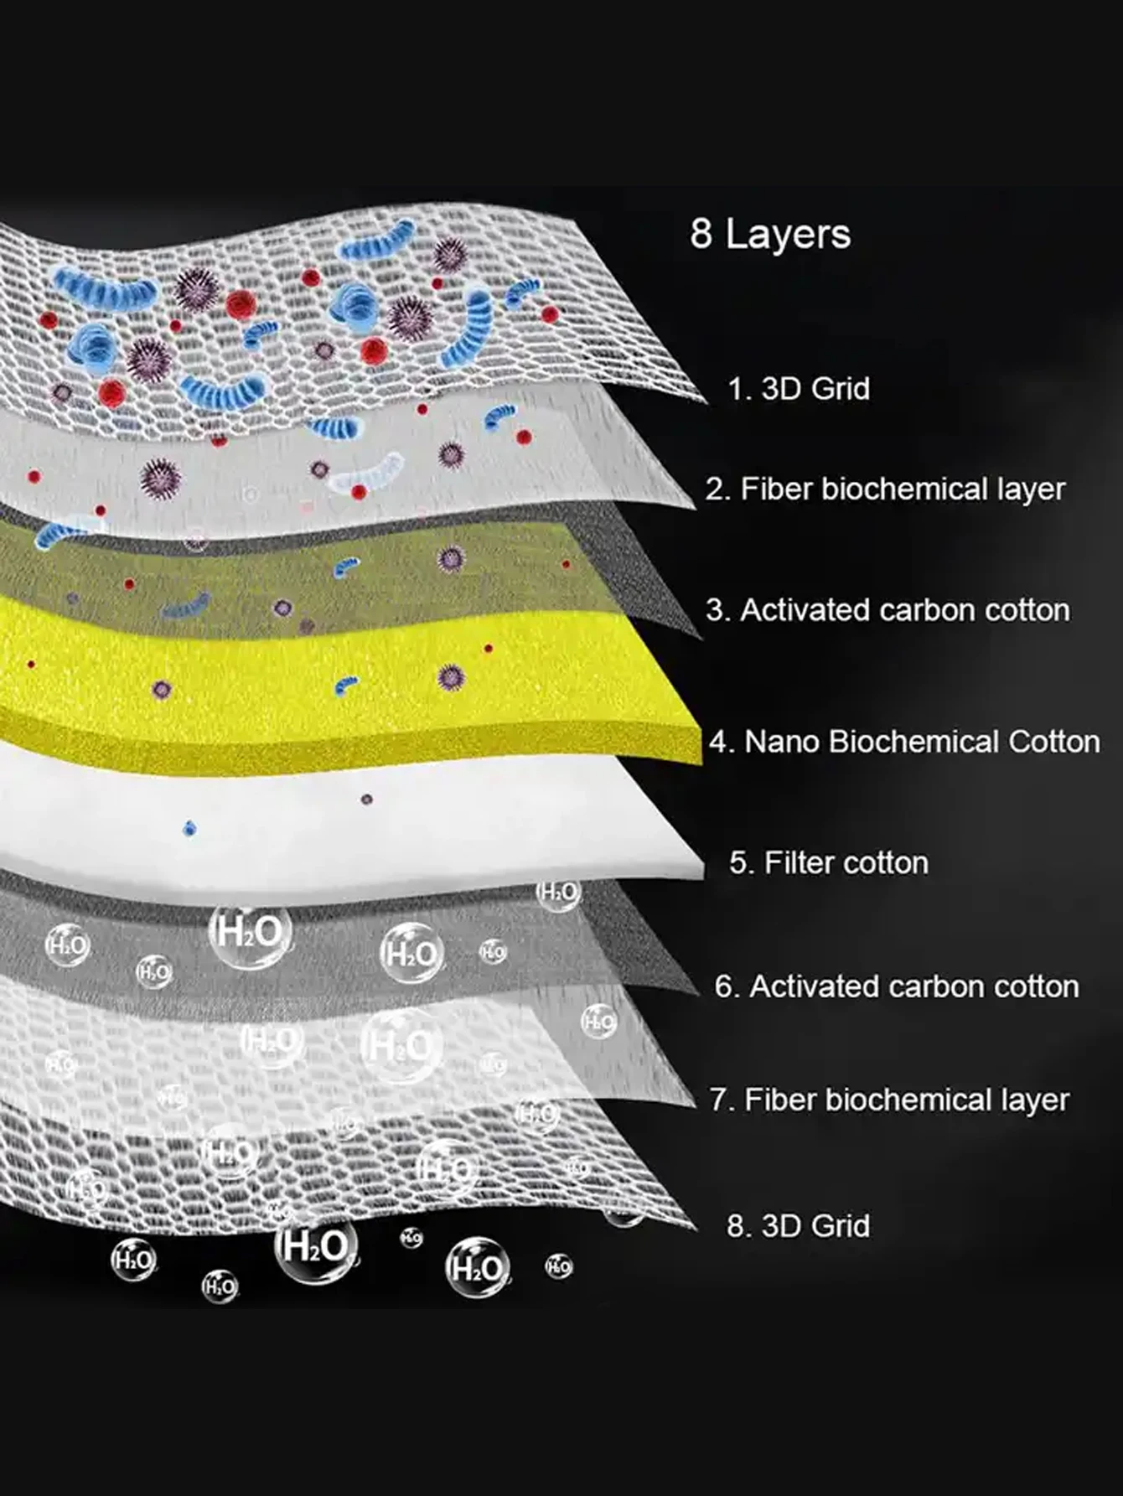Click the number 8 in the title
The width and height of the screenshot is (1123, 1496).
[701, 234]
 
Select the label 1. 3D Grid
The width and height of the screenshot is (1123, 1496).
[798, 389]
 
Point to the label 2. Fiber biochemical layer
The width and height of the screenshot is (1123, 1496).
[885, 489]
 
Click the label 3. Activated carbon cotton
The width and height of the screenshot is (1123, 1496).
[888, 610]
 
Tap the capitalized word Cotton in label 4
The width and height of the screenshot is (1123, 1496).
[1053, 742]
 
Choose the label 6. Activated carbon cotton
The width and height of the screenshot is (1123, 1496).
[897, 986]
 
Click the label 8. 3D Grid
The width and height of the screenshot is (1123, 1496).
[798, 1225]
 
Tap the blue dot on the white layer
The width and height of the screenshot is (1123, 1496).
[190, 829]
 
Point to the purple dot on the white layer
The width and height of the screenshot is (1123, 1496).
[366, 800]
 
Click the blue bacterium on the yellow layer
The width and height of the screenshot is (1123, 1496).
[346, 686]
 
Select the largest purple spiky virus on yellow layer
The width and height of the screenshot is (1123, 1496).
[451, 677]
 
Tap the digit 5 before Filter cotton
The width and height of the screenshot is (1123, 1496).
[737, 862]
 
